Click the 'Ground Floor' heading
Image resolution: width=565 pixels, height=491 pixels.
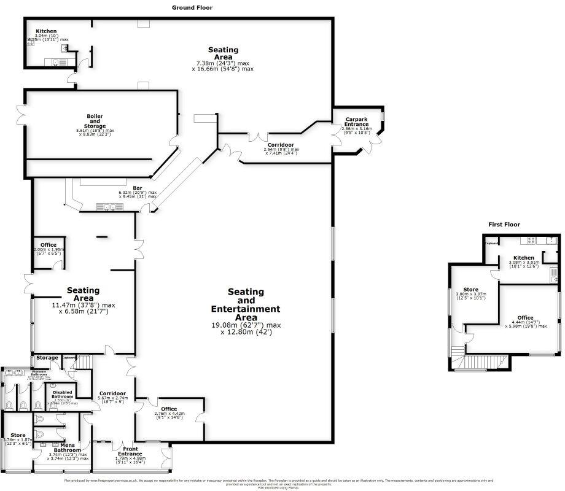[x=189, y=7]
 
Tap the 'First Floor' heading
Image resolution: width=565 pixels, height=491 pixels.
[x=504, y=225]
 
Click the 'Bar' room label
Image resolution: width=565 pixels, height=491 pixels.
[x=138, y=188]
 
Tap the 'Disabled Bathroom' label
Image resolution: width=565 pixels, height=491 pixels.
[x=62, y=395]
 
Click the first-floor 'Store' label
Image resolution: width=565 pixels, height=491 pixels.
[x=470, y=289]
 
